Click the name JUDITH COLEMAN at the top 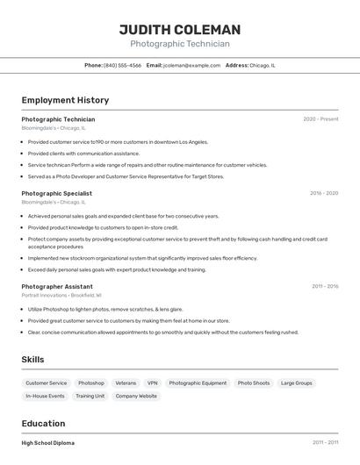pos(180,30)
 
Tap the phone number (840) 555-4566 pos(122,65)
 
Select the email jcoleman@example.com pos(191,65)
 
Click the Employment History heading pos(65,100)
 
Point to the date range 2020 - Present pos(320,118)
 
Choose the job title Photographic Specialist pos(56,193)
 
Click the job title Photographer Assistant pos(57,286)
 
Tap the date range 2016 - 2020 pos(323,193)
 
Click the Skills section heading pos(32,360)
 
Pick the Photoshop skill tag pos(90,383)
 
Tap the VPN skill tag pos(153,383)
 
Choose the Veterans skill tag pos(126,383)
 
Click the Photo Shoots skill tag pos(254,383)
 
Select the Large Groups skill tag pos(296,383)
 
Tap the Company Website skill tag pos(136,397)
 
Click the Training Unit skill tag pos(90,397)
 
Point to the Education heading pos(43,423)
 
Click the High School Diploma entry pos(48,443)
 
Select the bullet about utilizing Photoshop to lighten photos pos(105,309)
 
